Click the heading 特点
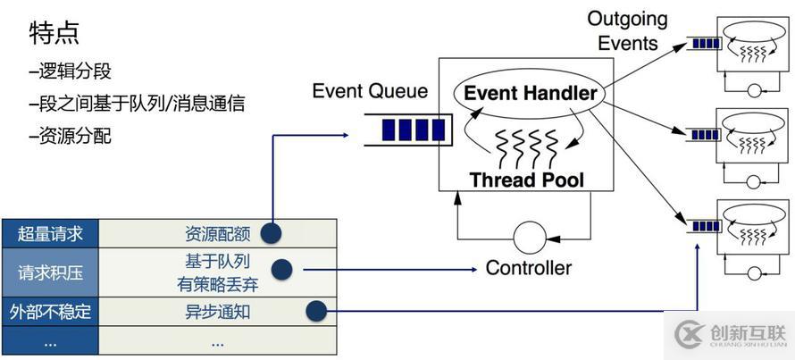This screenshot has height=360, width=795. coord(54,33)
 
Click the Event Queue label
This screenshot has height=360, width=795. coord(370,91)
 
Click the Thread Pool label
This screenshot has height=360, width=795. coord(527,180)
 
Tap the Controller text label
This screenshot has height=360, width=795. coord(528,267)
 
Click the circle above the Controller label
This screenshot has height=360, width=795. coord(530,239)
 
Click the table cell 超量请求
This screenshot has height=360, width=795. coord(50,234)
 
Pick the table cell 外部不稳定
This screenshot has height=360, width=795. coord(50,312)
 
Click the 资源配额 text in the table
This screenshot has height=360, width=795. coord(217,234)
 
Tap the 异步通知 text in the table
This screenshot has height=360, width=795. coord(217,312)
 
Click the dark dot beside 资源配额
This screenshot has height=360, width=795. coord(272,234)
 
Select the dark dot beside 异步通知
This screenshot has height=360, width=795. coord(315,311)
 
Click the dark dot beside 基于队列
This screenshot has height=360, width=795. coord(282,268)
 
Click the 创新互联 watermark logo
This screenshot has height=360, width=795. coord(730,334)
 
